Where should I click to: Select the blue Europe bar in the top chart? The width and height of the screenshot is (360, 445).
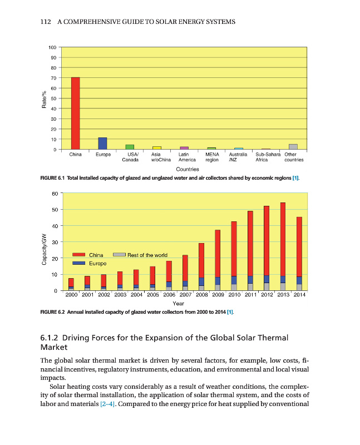click(x=102, y=144)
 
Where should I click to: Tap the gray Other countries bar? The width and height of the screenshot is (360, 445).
click(x=293, y=147)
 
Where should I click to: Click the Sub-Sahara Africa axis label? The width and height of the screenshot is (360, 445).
click(x=267, y=157)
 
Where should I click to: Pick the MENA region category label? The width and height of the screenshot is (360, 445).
click(x=211, y=157)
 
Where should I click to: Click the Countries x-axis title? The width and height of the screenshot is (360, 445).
click(x=188, y=169)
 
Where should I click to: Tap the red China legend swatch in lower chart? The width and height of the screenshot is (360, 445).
click(x=79, y=255)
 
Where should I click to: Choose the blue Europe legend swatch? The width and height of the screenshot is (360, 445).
click(x=79, y=263)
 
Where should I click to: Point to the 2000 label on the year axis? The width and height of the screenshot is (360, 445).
click(x=71, y=295)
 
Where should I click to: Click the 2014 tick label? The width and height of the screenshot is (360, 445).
click(x=299, y=295)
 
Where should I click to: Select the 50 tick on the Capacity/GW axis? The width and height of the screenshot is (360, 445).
click(x=54, y=210)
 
